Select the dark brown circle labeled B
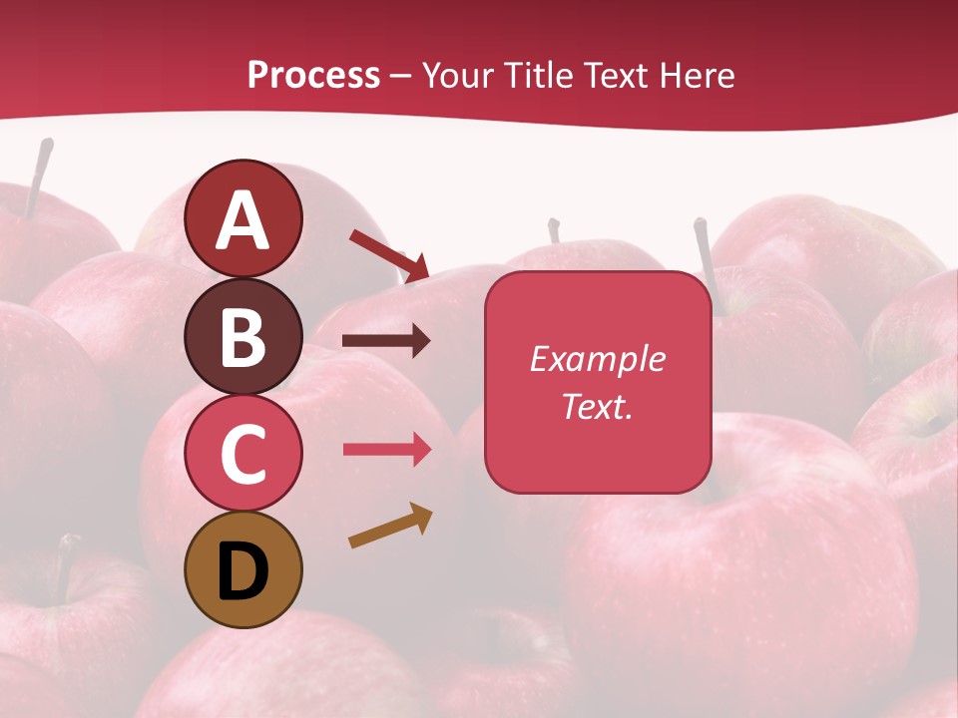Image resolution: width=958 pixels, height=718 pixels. tap(243, 336)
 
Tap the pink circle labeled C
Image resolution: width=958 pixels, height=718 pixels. tap(243, 453)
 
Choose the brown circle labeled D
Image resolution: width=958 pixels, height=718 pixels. tap(243, 569)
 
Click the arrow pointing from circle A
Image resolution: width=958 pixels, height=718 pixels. tap(390, 254)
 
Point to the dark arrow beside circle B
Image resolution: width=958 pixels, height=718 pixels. tap(386, 341)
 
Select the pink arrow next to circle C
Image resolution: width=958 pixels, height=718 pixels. tap(386, 450)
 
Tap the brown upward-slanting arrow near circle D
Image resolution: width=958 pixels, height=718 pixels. tap(390, 526)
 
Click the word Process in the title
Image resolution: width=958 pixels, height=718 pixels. tap(313, 75)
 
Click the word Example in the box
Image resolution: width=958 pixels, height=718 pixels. tap(597, 359)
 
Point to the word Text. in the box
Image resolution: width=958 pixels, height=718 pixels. tap(597, 406)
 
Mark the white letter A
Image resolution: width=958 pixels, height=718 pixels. tap(243, 220)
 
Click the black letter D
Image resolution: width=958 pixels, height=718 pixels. tap(243, 571)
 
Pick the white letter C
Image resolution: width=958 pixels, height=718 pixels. tap(243, 455)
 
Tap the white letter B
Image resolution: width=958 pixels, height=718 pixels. tap(243, 336)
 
